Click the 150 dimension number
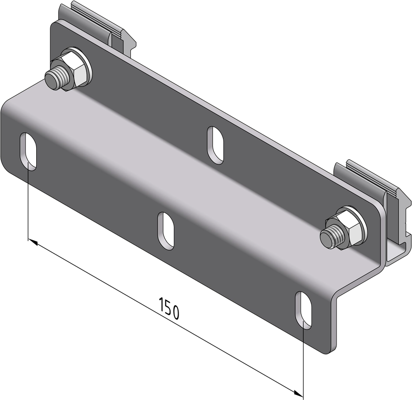169,308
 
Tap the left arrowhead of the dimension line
33,242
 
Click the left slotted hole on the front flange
28,151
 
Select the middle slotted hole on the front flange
166,231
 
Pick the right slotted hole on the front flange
304,310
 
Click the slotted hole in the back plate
216,145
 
